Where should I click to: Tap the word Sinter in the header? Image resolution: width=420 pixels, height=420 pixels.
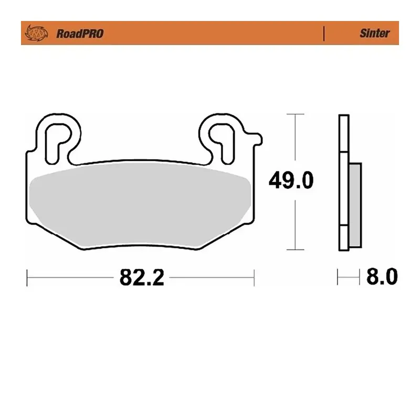[x=374, y=33]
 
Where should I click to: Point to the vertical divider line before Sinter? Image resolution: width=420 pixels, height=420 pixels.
[x=324, y=33]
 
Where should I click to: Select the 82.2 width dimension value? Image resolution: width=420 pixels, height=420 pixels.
[x=142, y=277]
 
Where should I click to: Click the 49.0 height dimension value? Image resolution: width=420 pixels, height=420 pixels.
[x=291, y=180]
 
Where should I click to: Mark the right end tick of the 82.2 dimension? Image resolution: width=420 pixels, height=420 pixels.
[x=254, y=277]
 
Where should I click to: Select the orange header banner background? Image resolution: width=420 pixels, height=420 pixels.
[x=210, y=33]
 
